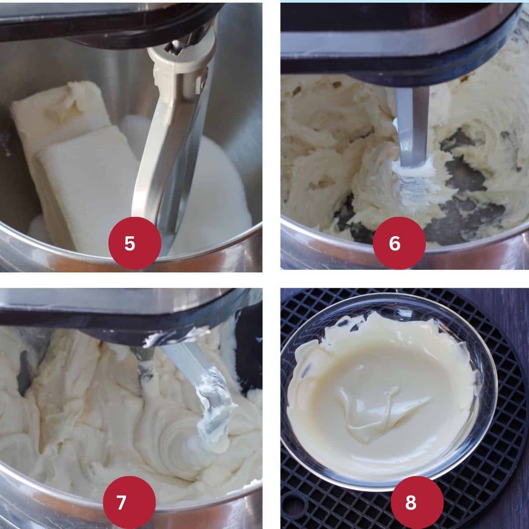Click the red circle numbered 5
134,243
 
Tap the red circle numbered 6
399,243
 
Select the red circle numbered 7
129,503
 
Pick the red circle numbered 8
417,503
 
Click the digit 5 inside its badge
130,243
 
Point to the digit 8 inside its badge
411,503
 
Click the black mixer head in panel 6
395,41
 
